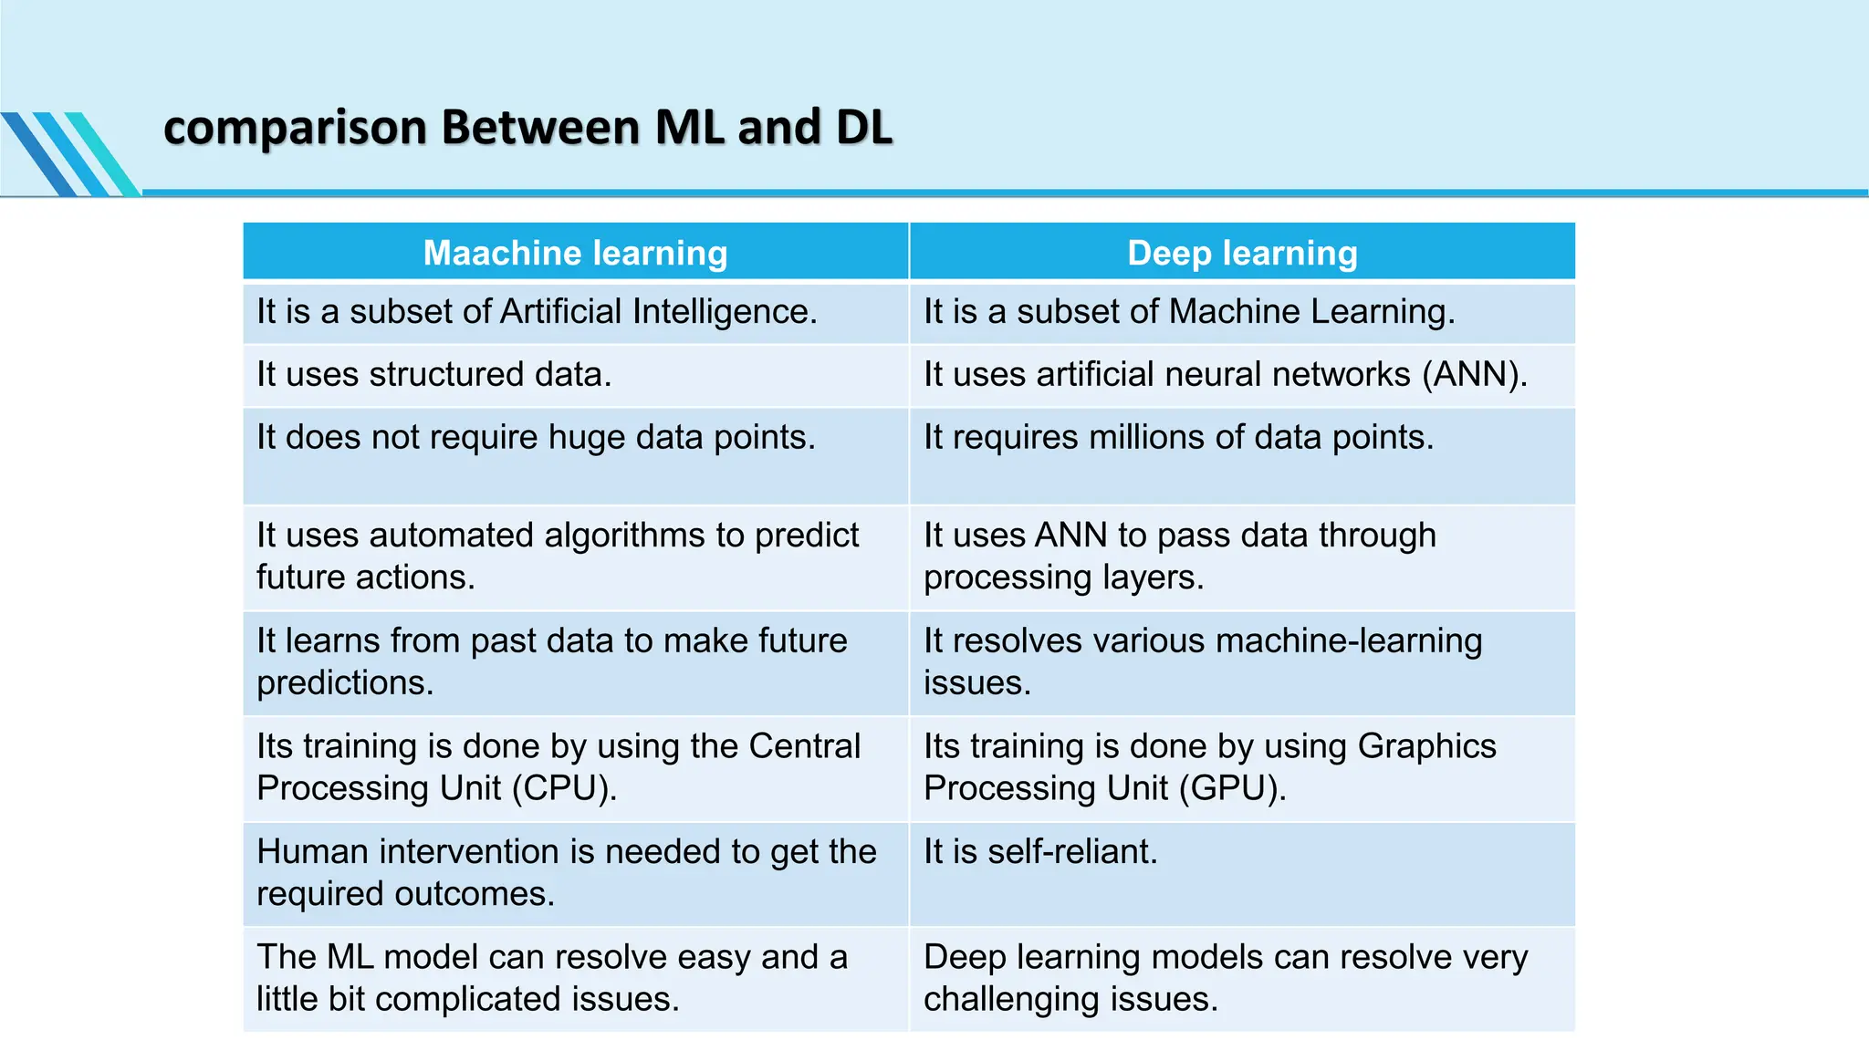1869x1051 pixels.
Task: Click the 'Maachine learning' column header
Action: pos(575,253)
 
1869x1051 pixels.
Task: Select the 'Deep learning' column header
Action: pos(1242,253)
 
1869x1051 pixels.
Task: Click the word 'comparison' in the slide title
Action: pos(295,128)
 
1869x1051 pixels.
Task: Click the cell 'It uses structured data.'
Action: pos(433,375)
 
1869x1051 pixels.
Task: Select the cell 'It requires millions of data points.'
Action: pos(1178,438)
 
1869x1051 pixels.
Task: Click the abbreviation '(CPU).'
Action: pos(564,788)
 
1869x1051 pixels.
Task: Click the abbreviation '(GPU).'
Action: pos(1232,788)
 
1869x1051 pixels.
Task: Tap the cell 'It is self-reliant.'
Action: pos(1040,852)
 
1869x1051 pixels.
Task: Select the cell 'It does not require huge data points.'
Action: pos(536,438)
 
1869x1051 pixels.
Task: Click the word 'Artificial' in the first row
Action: pos(560,312)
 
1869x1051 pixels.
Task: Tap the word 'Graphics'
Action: pos(1426,746)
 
